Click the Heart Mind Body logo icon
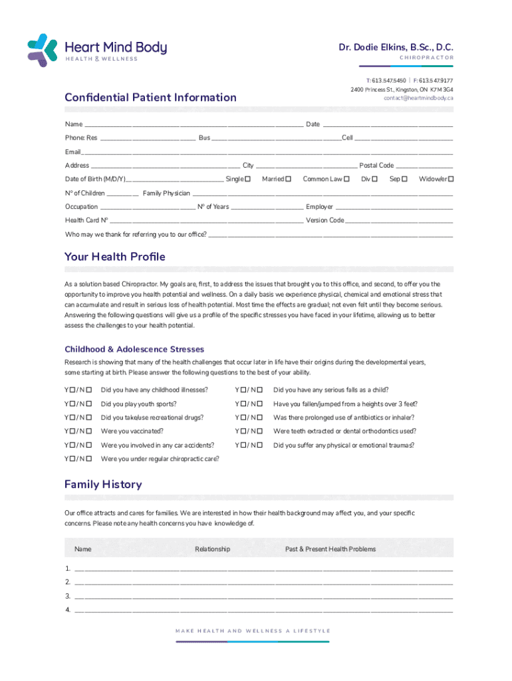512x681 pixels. point(43,50)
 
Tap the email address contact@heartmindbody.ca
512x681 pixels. point(418,98)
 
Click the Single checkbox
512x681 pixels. point(247,179)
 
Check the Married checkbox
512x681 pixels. point(289,179)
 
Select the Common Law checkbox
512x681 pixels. point(347,179)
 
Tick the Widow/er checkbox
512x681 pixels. point(451,179)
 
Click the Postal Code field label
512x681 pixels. point(376,166)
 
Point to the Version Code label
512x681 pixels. point(324,220)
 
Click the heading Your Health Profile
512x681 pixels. point(114,257)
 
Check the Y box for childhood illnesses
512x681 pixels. point(73,390)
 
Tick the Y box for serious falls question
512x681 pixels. point(244,390)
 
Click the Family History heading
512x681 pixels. point(103,484)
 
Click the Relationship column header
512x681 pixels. point(212,549)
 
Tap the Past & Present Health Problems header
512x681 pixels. point(330,549)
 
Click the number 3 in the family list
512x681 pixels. point(68,596)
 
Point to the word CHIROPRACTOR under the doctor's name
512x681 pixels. point(426,58)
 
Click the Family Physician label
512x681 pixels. point(166,193)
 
